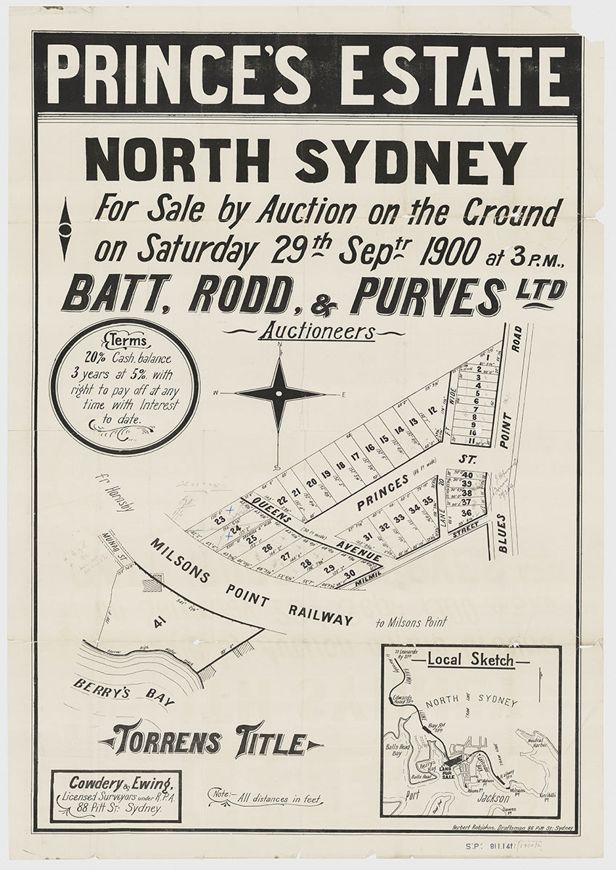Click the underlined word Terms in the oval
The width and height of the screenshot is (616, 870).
[x=126, y=341]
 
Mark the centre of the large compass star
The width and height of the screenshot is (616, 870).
[x=279, y=394]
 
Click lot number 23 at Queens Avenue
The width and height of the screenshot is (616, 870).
[x=218, y=520]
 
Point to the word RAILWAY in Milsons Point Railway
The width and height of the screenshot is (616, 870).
[x=320, y=615]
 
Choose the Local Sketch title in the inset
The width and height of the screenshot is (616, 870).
[x=470, y=660]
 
